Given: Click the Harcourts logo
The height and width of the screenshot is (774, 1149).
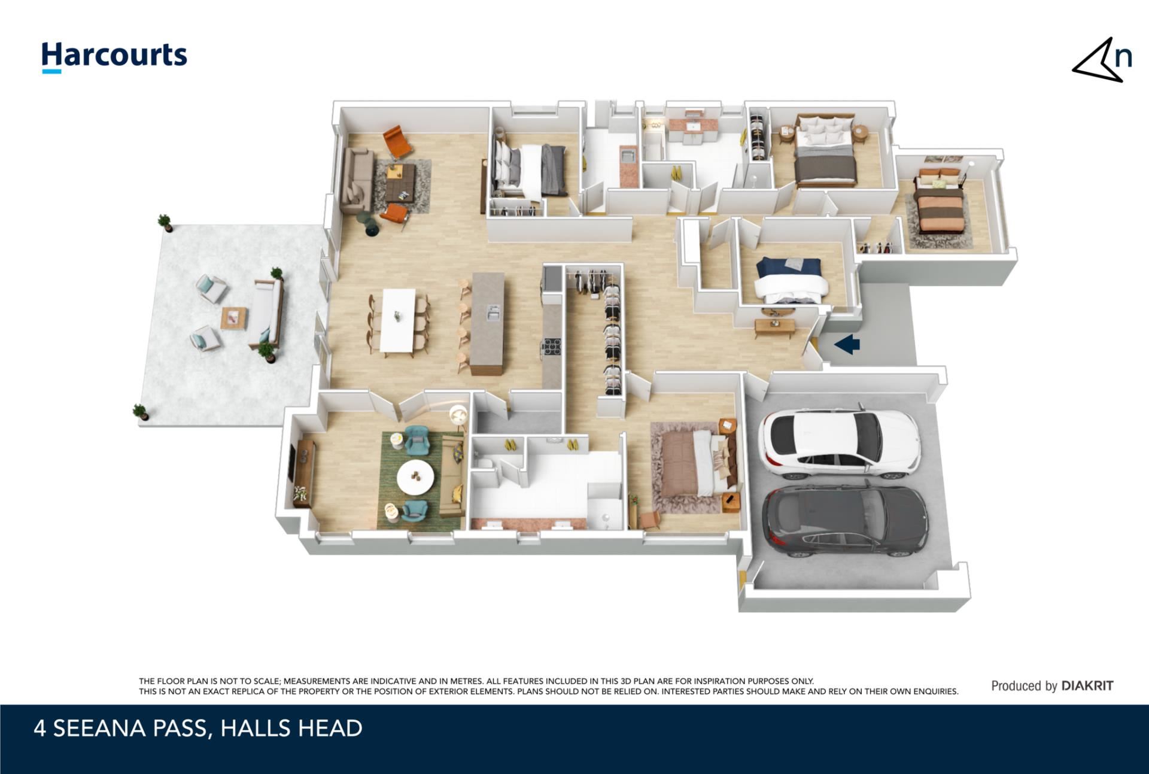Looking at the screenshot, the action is pyautogui.click(x=114, y=57).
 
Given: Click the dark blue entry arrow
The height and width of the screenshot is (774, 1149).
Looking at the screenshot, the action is pyautogui.click(x=847, y=344).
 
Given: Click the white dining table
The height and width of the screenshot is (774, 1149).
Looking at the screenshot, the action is pyautogui.click(x=399, y=320).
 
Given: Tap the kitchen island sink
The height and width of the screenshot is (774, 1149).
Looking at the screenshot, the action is pyautogui.click(x=494, y=312).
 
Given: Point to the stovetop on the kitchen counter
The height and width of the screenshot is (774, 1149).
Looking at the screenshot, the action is pyautogui.click(x=552, y=348).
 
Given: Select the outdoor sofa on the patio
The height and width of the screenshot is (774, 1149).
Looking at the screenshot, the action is pyautogui.click(x=266, y=314).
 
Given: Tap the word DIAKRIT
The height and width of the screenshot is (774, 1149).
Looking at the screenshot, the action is pyautogui.click(x=1087, y=686).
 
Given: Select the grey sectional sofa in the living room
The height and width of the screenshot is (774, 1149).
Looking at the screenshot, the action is pyautogui.click(x=357, y=180).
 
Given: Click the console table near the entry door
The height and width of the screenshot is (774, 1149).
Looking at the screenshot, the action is pyautogui.click(x=775, y=327).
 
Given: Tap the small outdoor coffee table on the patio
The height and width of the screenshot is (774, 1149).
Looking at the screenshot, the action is pyautogui.click(x=233, y=318).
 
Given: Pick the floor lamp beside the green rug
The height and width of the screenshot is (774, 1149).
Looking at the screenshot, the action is pyautogui.click(x=458, y=415).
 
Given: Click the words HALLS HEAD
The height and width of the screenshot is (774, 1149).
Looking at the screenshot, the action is pyautogui.click(x=291, y=729).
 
